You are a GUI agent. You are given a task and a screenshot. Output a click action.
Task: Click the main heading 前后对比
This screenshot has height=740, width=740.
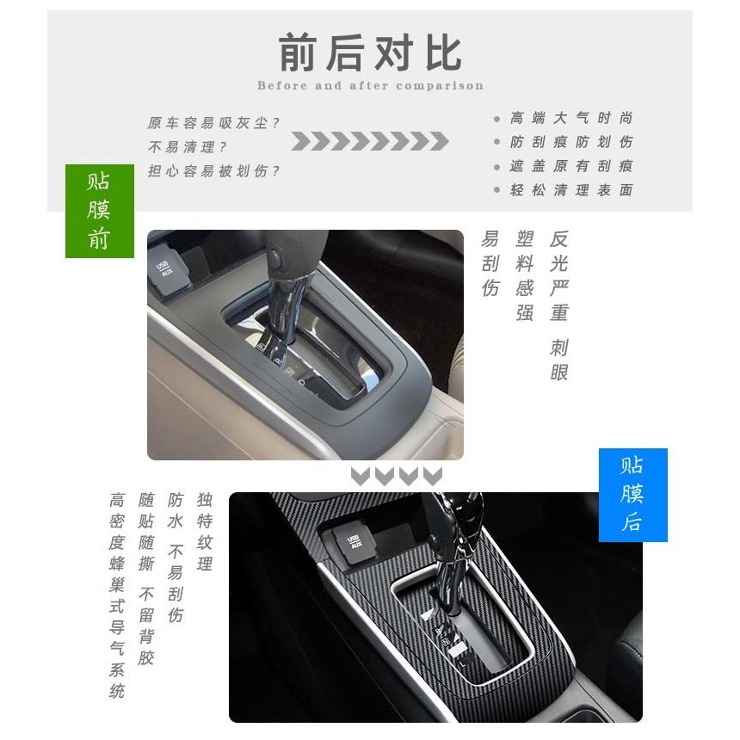point(371,52)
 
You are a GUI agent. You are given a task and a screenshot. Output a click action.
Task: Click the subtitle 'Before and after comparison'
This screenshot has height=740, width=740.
point(371,86)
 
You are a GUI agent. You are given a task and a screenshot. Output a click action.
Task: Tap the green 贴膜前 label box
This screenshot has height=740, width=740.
point(100,211)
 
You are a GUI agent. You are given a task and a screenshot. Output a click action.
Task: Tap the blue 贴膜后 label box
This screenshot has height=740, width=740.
point(632,495)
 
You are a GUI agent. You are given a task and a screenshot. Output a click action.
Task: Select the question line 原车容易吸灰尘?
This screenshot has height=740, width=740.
point(213,123)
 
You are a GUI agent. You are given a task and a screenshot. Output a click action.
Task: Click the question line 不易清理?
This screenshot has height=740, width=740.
point(187,147)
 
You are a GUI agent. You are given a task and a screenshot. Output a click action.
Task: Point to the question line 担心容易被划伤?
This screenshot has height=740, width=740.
point(213,171)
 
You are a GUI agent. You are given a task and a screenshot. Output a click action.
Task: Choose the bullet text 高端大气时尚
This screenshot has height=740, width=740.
point(571,118)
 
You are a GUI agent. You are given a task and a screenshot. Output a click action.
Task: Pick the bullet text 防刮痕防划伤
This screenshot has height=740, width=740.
point(571,142)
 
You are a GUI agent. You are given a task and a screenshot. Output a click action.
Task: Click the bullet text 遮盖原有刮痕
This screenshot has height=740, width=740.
point(571,166)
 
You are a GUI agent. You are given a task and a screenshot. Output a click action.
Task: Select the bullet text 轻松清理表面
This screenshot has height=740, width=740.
point(571,190)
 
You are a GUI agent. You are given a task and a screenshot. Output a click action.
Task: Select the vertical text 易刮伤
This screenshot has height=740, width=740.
point(490,264)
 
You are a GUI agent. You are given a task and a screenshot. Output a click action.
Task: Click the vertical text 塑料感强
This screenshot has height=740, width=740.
point(524,276)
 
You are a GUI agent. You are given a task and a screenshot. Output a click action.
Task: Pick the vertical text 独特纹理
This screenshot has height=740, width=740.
point(204,532)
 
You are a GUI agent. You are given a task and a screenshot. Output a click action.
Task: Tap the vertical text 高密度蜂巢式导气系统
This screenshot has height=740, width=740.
point(116,595)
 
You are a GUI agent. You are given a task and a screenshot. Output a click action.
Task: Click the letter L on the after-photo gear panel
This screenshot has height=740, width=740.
point(463,663)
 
